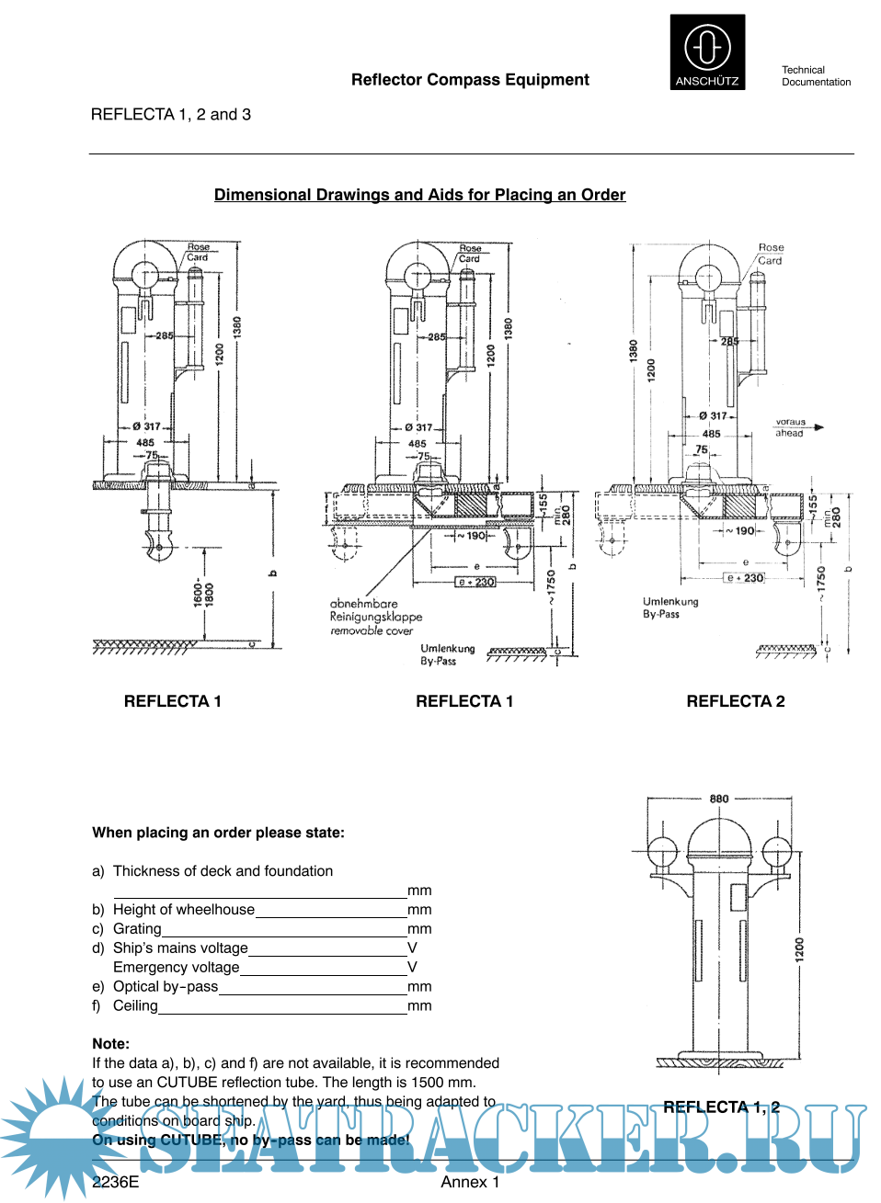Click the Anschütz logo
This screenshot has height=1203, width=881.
tap(707, 51)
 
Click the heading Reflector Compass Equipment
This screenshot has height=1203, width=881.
tap(470, 80)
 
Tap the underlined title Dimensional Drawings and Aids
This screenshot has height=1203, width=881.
tap(419, 195)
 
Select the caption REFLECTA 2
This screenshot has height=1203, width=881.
tap(736, 701)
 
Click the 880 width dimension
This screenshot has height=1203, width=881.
tap(719, 799)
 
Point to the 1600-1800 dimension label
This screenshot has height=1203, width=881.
tap(203, 593)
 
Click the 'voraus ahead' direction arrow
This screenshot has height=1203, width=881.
tap(818, 427)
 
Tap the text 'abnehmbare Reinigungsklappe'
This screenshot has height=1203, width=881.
tap(376, 610)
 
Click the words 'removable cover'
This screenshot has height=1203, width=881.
tap(372, 631)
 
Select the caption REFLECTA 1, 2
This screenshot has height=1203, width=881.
tap(721, 1107)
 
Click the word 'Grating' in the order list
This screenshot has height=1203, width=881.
tap(137, 929)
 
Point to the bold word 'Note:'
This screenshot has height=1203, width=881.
tap(110, 1044)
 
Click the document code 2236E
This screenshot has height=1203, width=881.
tap(115, 1182)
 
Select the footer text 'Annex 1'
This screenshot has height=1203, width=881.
tap(470, 1182)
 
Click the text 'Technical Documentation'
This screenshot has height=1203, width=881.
tap(816, 76)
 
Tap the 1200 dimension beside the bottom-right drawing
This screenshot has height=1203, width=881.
tap(799, 949)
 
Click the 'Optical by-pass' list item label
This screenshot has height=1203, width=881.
tap(166, 987)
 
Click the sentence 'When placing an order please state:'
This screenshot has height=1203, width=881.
tap(218, 833)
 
